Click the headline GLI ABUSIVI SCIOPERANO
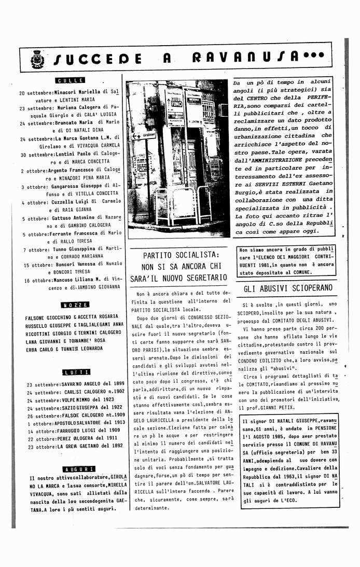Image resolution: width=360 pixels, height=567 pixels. click(x=288, y=288)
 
